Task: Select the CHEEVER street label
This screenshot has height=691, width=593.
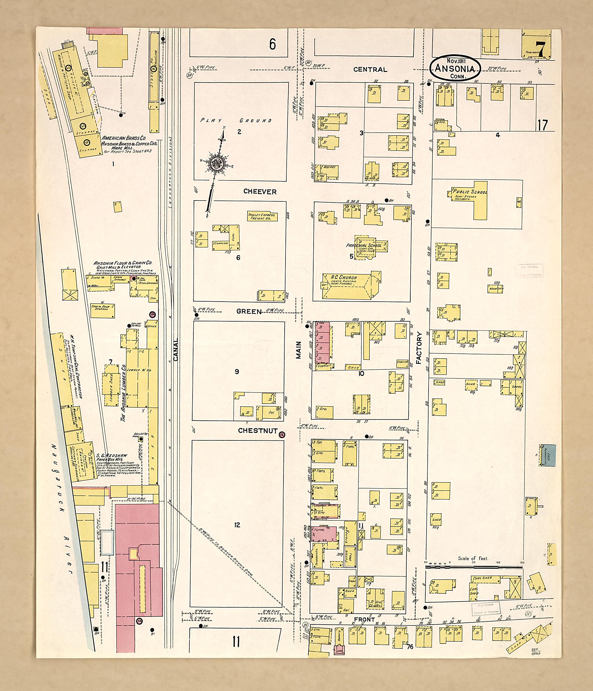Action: click(260, 192)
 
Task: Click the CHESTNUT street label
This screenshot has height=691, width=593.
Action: click(257, 431)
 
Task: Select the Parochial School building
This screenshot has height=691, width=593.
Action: click(368, 247)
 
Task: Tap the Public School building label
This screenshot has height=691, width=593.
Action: click(470, 192)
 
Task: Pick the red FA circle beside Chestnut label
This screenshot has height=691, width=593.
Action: click(282, 434)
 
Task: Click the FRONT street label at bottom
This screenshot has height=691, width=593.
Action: click(364, 619)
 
